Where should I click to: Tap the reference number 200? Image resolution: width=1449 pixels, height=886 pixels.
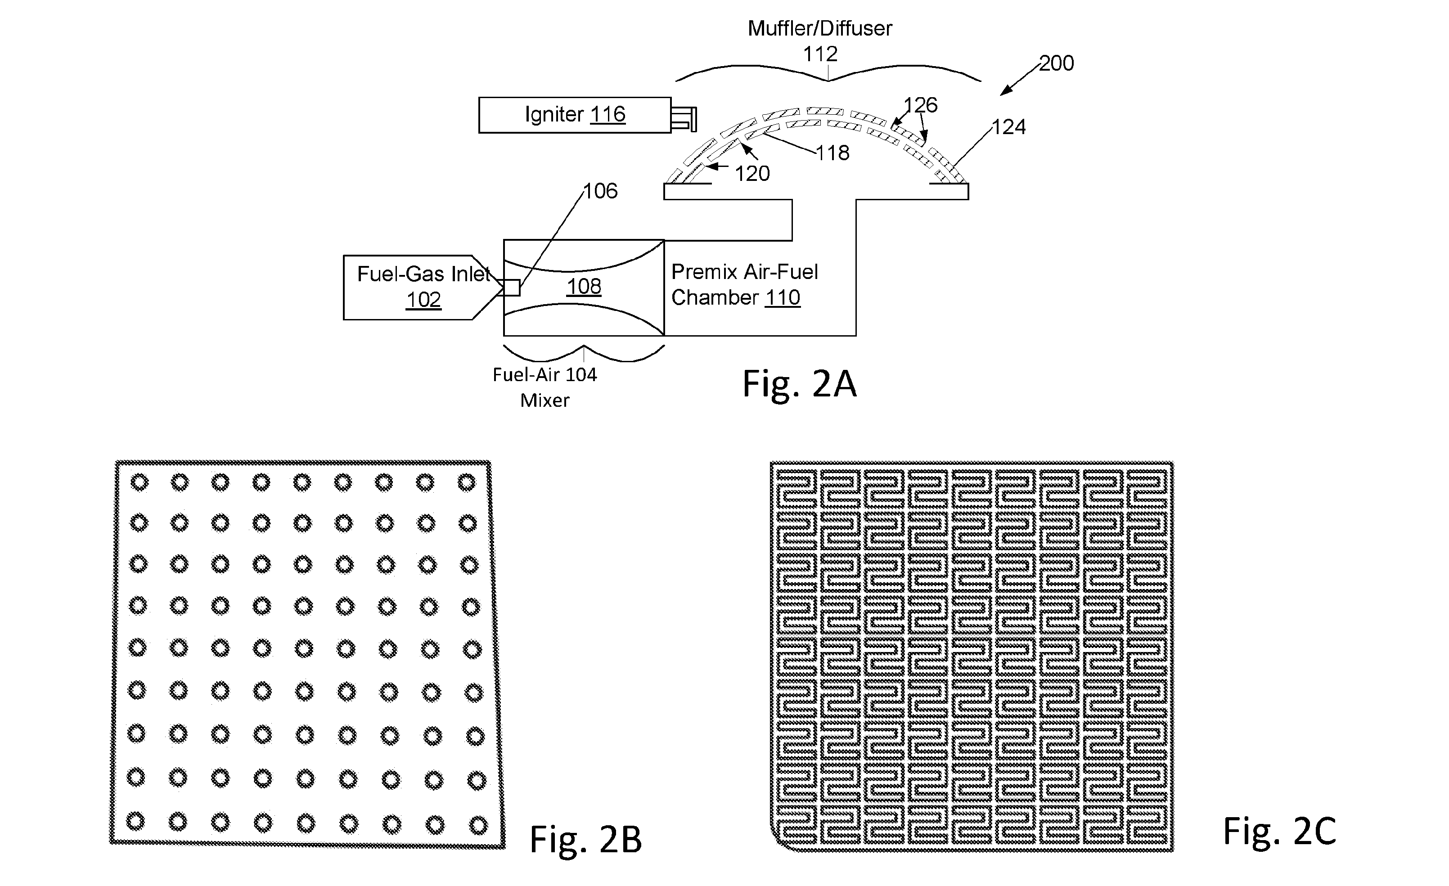1056,63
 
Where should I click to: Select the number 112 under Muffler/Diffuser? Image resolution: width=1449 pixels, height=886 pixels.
820,54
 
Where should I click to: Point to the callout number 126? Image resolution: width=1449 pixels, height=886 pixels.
920,105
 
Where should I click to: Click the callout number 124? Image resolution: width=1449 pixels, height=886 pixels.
1008,127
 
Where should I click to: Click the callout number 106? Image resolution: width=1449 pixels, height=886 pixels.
600,191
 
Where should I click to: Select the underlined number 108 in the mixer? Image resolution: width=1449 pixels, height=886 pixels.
584,286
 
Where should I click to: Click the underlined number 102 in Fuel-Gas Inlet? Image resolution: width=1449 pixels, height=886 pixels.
423,300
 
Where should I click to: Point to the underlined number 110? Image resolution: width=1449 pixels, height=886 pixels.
783,297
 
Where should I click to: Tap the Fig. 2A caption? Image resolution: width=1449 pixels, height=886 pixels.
799,384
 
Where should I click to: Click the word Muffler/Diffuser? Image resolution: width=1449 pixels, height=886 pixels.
820,28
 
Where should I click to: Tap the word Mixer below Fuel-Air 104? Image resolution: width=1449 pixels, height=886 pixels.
544,400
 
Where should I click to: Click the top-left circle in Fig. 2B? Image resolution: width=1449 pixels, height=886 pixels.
139,482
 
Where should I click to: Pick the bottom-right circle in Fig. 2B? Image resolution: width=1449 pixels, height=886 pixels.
478,825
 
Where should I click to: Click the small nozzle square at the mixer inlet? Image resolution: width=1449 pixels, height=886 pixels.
512,288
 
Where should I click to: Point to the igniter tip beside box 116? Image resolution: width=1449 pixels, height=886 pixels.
684,119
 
